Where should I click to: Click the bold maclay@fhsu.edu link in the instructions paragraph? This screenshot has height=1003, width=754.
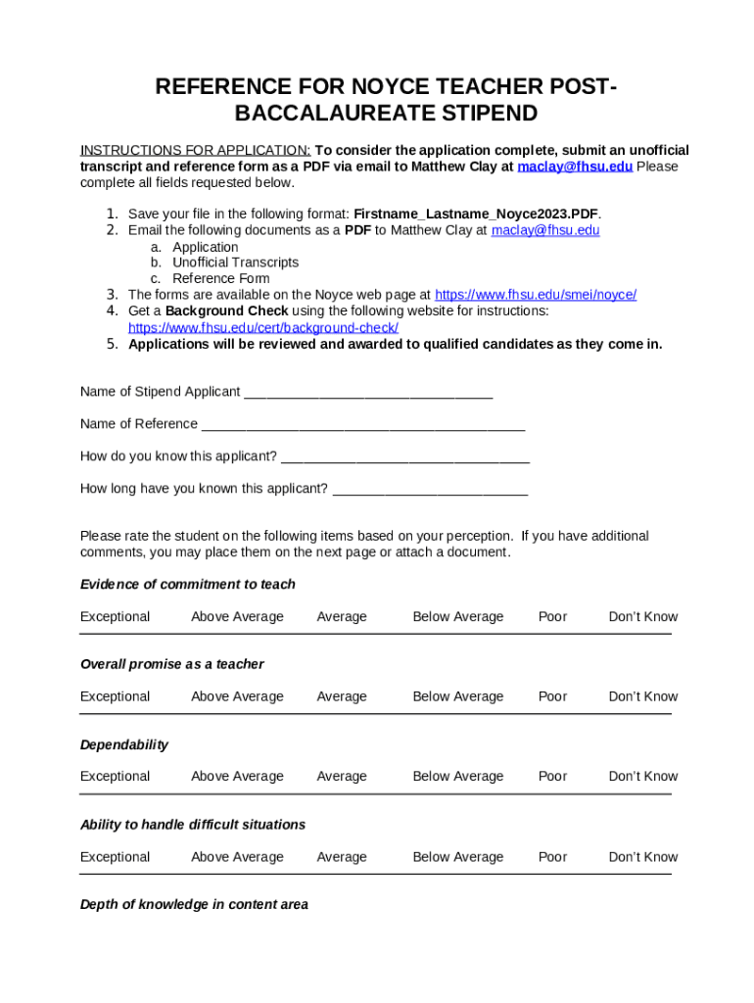pyautogui.click(x=575, y=167)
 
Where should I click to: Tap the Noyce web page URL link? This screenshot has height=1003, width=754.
pyautogui.click(x=536, y=295)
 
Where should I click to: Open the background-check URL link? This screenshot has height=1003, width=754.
pyautogui.click(x=263, y=327)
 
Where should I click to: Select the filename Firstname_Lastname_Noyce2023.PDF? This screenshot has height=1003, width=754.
pyautogui.click(x=476, y=214)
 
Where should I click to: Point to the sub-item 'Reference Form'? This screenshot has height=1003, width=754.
pyautogui.click(x=221, y=278)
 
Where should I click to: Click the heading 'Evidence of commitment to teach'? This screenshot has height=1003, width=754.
pyautogui.click(x=187, y=585)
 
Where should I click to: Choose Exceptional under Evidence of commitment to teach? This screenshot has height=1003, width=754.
pyautogui.click(x=116, y=617)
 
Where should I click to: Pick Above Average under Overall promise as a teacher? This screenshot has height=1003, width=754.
pyautogui.click(x=237, y=697)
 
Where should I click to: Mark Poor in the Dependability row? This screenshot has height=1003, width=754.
pyautogui.click(x=552, y=777)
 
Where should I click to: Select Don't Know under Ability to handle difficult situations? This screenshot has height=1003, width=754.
pyautogui.click(x=642, y=857)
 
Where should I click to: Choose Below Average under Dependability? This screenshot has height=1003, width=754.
pyautogui.click(x=457, y=777)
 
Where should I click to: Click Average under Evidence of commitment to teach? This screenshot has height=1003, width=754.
pyautogui.click(x=342, y=617)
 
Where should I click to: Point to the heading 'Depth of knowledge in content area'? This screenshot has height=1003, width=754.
pyautogui.click(x=194, y=905)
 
